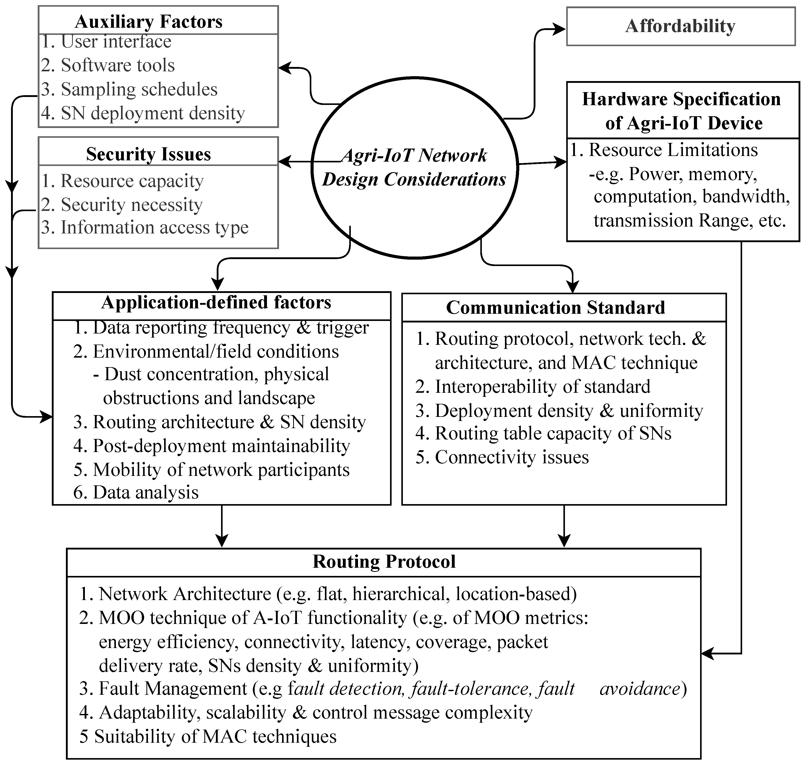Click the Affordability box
(680, 26)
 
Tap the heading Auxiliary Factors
(148, 22)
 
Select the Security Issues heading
(148, 154)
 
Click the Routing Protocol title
(384, 562)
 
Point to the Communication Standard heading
(555, 308)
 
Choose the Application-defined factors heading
(216, 302)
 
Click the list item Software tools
(117, 65)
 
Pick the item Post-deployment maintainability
(221, 446)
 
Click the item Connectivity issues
(511, 457)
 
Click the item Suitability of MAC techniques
(215, 737)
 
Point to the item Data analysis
(146, 493)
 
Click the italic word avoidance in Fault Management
(640, 689)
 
